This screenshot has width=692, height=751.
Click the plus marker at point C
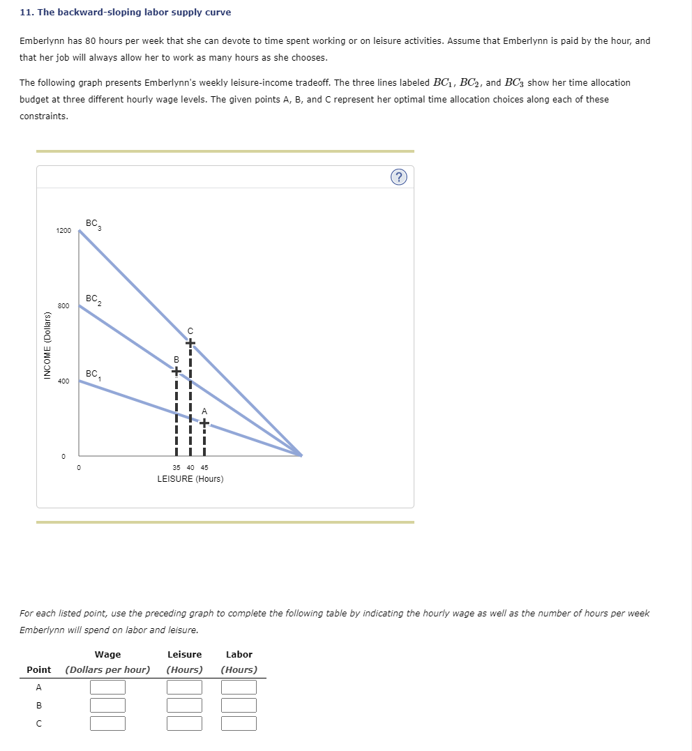click(190, 342)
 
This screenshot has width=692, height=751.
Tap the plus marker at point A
click(204, 422)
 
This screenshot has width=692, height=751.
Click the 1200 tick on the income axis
click(63, 231)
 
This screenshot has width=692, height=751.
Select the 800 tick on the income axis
click(63, 306)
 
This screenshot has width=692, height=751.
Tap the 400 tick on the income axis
click(63, 381)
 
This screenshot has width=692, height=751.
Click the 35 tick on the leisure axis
click(177, 468)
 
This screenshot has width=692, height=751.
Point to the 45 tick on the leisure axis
click(204, 468)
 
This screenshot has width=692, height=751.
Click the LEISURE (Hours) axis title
click(190, 479)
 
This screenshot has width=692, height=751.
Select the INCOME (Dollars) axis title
click(47, 345)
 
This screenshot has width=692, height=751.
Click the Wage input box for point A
click(107, 688)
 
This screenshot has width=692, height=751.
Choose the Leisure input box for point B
click(184, 706)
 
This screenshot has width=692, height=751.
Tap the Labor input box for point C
click(239, 723)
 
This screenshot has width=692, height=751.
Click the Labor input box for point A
click(239, 688)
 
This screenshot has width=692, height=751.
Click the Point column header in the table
click(38, 669)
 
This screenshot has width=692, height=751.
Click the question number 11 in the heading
click(25, 13)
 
